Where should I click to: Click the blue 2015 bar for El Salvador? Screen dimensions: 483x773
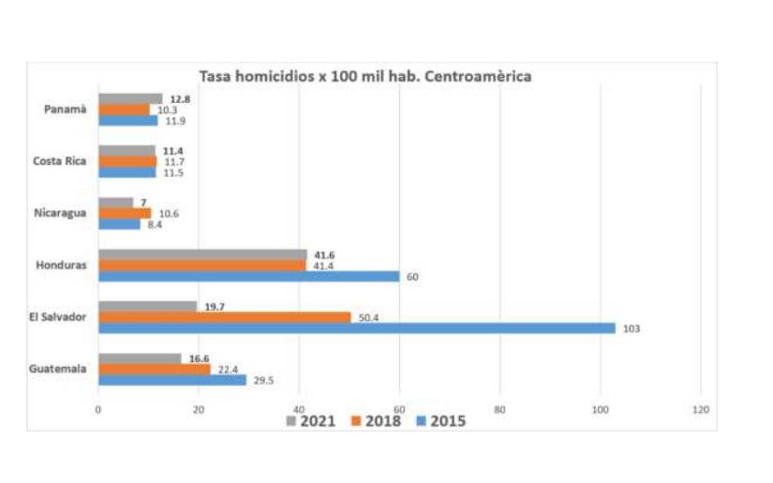pos(356,329)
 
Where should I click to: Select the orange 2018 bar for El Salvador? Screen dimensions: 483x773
pos(224,317)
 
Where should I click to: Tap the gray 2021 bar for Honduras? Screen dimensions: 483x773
pos(202,255)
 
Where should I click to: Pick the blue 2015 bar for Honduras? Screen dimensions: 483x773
pos(248,276)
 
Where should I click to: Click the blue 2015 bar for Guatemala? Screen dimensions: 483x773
pos(172,380)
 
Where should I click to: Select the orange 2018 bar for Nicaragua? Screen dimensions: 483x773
pos(125,213)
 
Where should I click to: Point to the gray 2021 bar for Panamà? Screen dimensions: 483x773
pos(130,98)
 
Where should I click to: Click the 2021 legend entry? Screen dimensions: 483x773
pos(309,421)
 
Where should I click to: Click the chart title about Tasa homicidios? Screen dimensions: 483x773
pos(364,76)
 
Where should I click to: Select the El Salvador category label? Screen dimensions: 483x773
pos(59,317)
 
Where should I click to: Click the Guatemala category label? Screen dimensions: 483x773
pos(60,369)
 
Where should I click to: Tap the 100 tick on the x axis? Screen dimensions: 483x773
pos(600,409)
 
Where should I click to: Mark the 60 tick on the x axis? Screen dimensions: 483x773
pos(399,409)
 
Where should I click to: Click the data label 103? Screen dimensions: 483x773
pos(630,329)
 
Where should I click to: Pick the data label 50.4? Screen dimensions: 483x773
pos(368,318)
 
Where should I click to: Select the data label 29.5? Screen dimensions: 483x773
pos(263,380)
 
